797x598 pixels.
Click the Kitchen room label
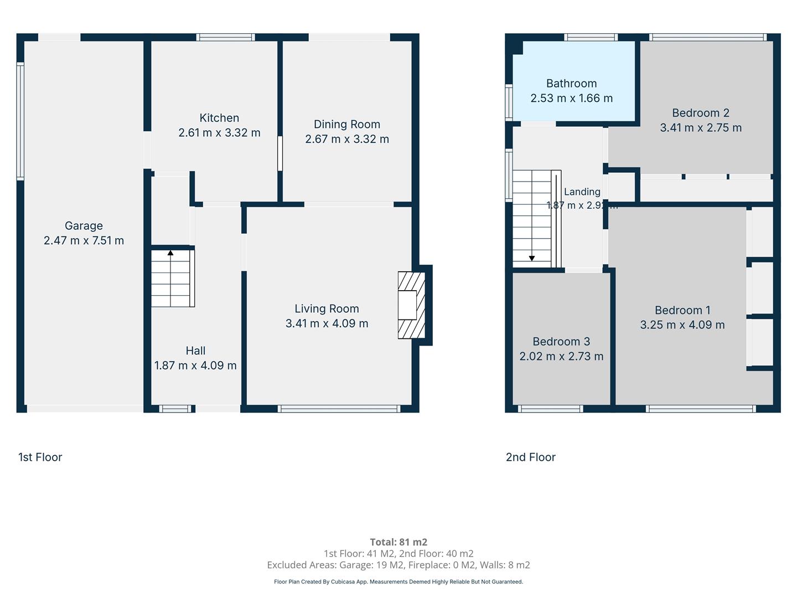tap(219, 118)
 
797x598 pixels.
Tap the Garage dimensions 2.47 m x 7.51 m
tap(84, 240)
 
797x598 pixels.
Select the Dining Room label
tap(347, 125)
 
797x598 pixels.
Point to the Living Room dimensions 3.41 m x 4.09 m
tap(327, 323)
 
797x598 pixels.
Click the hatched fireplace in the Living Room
tap(411, 305)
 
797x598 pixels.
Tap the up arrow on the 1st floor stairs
tap(170, 253)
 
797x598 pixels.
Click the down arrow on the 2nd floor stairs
tap(531, 258)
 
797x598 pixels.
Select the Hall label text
tap(195, 350)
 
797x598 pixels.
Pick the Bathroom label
tap(572, 84)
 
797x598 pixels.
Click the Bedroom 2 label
tap(701, 113)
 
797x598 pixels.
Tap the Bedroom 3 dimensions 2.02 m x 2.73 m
tap(561, 356)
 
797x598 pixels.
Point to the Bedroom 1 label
tap(682, 310)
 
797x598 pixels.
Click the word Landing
tap(582, 192)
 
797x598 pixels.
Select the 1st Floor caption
tap(40, 457)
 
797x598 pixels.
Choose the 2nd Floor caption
tap(530, 457)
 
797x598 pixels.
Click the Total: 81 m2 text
tap(398, 542)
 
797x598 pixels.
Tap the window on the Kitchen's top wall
tap(225, 37)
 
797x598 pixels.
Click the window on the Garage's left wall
tap(20, 121)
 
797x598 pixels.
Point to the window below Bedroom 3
tap(551, 409)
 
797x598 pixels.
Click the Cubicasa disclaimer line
tap(398, 581)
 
